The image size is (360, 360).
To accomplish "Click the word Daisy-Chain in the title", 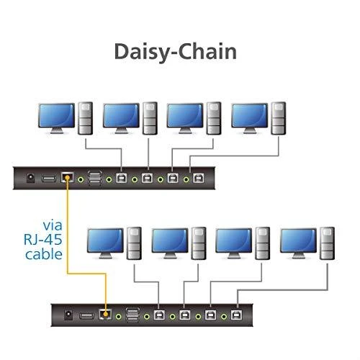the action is [x=176, y=52].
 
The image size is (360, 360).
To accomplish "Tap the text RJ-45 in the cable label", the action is [x=43, y=239].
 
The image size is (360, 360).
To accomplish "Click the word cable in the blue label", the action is [x=44, y=254].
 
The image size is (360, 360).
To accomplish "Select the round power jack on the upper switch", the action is [x=30, y=178].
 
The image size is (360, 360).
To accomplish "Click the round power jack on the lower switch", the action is [x=68, y=315].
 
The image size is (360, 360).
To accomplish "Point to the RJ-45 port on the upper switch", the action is [x=68, y=177].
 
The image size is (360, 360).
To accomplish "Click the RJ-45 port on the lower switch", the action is [x=105, y=314].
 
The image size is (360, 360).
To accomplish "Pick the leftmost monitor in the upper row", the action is [x=57, y=118].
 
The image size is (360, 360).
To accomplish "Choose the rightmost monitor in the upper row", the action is [x=250, y=118].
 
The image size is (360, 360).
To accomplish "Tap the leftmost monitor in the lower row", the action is [x=105, y=243].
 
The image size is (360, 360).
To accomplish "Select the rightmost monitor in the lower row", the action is [x=299, y=243].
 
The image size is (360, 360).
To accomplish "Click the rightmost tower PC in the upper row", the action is [x=279, y=118].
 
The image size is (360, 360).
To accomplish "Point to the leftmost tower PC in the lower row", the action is [x=134, y=243].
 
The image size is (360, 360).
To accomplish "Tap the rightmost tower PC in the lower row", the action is [x=327, y=243].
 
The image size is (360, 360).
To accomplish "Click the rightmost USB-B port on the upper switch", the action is [x=199, y=179].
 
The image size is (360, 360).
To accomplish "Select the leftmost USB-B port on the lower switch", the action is [x=159, y=315].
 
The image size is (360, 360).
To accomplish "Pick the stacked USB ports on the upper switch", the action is [x=94, y=179].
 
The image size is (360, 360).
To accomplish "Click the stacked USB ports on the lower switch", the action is [x=132, y=315].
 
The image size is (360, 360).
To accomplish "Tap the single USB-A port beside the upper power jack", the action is [x=49, y=179].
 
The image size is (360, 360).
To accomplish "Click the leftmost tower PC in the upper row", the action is [x=86, y=118].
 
